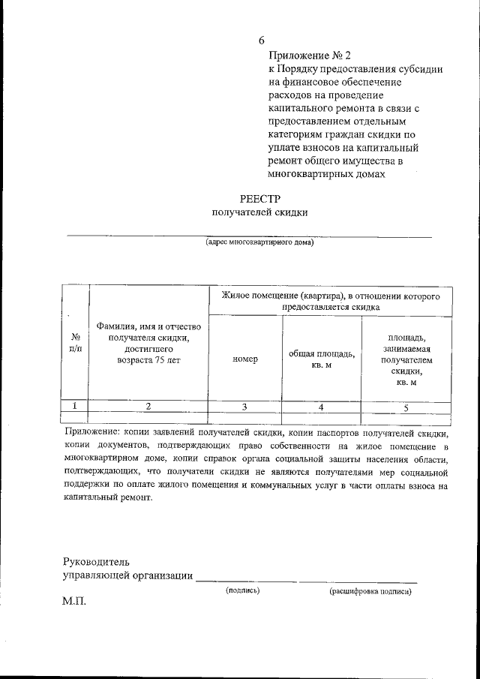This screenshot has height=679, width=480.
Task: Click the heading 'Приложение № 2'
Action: point(309,56)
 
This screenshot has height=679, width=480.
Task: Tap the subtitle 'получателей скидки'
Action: point(259,212)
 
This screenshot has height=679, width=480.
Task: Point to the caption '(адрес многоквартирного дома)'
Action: point(259,242)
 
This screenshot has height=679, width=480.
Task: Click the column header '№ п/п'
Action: point(75,343)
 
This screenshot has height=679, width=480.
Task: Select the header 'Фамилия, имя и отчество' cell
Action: point(148,342)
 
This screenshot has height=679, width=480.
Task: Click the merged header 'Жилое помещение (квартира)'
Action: point(330,301)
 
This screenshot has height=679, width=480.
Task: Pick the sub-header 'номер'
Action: point(245,359)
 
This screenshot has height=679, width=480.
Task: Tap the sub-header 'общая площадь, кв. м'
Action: point(322,359)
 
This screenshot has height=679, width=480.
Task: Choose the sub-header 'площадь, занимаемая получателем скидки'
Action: point(406,359)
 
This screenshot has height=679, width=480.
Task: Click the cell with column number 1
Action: point(75,406)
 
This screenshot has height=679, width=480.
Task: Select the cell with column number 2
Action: point(148,406)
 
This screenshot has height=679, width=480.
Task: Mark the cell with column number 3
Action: point(245,407)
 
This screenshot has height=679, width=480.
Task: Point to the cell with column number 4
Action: point(322,407)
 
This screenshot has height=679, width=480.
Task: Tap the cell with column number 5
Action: point(406,407)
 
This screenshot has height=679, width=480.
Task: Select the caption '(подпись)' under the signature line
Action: point(243,590)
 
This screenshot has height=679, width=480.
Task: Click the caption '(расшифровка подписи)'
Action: point(370,591)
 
